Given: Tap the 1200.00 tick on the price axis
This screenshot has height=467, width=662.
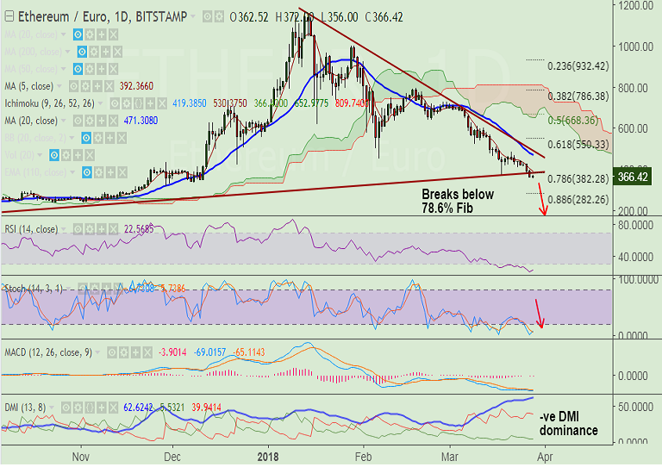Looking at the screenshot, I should pos(634,5).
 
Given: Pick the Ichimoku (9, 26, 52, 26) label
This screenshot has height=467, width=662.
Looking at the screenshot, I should pos(55,103).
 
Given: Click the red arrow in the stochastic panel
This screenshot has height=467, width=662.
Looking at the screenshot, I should pos(540,314).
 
